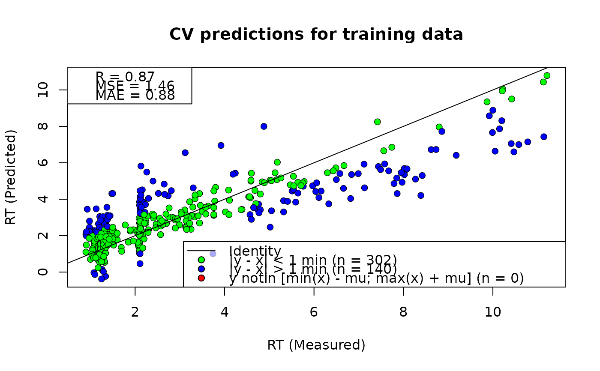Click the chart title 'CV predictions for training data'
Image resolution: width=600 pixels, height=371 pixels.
(x=316, y=34)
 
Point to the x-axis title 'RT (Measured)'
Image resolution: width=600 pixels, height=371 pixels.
(x=316, y=345)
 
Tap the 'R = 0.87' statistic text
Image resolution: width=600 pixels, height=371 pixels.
(x=125, y=77)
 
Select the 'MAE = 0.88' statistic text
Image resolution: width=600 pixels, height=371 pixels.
(x=135, y=96)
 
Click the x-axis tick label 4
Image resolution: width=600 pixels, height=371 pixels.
(x=225, y=311)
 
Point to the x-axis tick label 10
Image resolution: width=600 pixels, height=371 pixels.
(x=492, y=311)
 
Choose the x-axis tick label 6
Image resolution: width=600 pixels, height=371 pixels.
(x=314, y=311)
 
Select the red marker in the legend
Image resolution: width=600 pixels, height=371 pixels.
(x=201, y=278)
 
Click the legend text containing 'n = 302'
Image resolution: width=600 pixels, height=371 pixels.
(x=313, y=260)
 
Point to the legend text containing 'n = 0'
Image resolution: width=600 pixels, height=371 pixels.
(x=377, y=278)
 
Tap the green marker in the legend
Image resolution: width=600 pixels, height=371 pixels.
(x=201, y=260)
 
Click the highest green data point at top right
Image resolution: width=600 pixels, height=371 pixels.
(x=547, y=76)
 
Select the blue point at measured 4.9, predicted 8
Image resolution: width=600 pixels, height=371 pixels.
(x=264, y=126)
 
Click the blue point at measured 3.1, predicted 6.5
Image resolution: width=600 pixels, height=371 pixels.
(x=185, y=153)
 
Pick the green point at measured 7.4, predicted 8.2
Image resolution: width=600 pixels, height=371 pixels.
(x=378, y=122)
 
